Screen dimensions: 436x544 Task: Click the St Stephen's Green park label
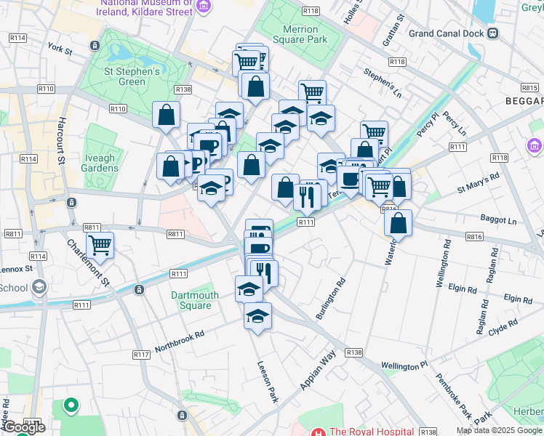click(132, 76)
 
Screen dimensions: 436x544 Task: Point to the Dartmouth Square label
click(195, 300)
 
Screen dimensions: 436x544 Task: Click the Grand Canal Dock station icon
click(492, 33)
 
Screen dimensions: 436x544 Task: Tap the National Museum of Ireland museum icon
click(203, 7)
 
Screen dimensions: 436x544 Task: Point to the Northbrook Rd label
click(180, 339)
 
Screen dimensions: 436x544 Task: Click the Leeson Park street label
click(265, 381)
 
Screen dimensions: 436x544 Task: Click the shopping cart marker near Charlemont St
click(100, 245)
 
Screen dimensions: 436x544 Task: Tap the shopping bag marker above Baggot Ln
click(398, 222)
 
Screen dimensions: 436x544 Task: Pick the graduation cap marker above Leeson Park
click(257, 316)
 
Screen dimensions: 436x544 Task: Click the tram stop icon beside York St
click(95, 46)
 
